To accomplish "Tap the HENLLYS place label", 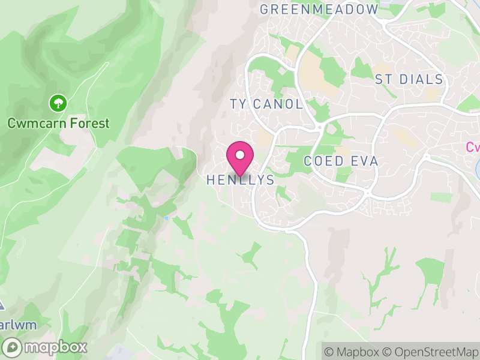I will [240, 180].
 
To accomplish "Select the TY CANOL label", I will [266, 104].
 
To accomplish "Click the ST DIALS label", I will [409, 80].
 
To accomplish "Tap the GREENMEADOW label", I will [319, 10].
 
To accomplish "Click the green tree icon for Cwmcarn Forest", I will [58, 103].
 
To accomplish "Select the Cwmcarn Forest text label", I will [58, 124].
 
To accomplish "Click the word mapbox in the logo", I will [55, 347].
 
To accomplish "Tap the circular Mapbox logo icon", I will [12, 347].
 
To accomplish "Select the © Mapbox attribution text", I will [353, 352].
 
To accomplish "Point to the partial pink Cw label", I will [473, 147].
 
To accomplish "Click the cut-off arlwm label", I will [18, 325].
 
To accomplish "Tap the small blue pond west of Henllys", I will [166, 218].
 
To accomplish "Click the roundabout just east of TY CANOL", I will [320, 127].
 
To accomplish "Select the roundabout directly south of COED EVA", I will [367, 193].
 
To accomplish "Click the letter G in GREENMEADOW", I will [265, 10].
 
